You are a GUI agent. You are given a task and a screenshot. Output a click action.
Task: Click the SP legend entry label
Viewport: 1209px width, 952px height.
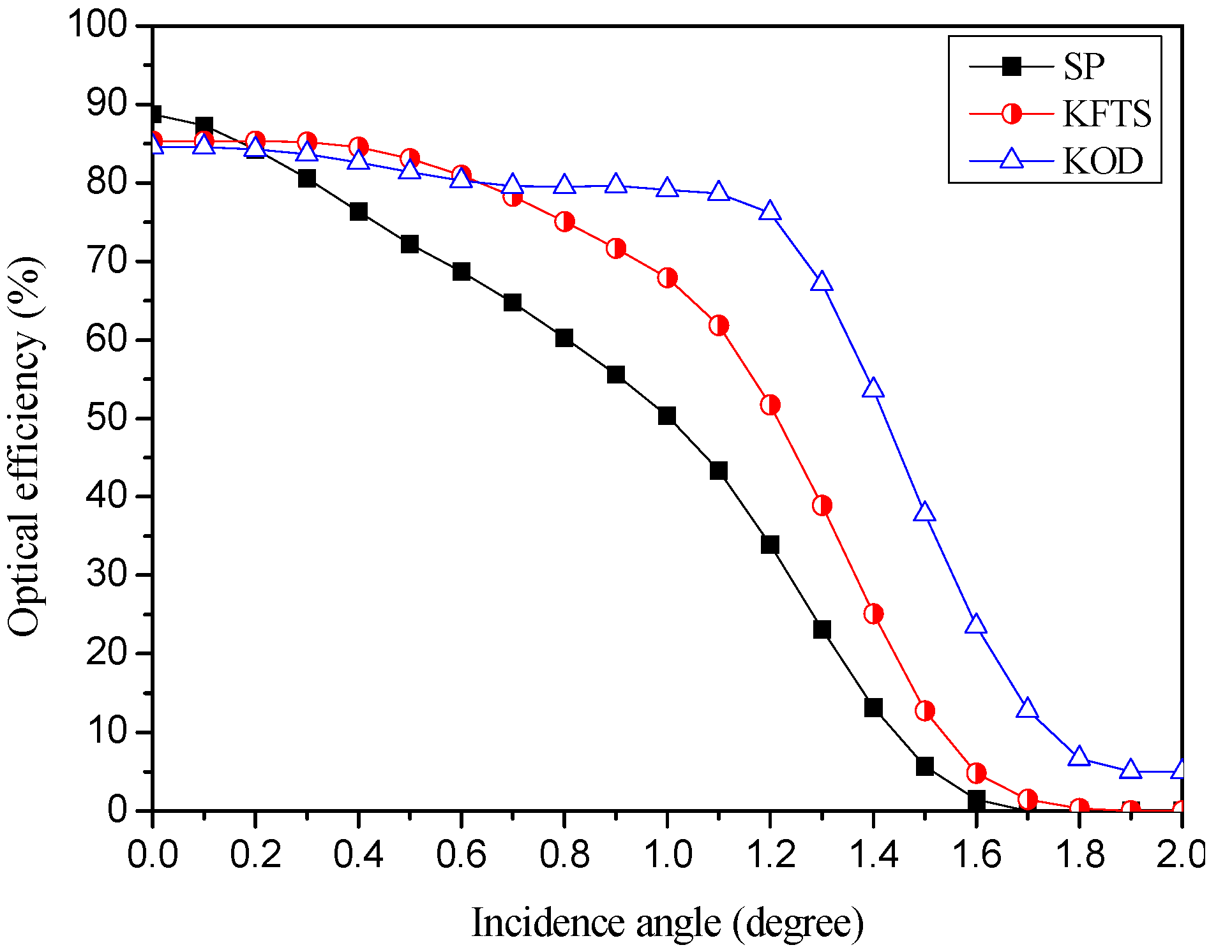tap(1083, 66)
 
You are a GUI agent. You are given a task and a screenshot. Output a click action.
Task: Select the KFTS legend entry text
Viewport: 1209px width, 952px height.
tap(1106, 114)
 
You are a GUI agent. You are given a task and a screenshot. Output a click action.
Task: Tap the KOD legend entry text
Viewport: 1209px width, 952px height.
tap(1102, 161)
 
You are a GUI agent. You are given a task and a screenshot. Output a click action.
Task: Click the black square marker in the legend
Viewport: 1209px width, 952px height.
tap(1011, 66)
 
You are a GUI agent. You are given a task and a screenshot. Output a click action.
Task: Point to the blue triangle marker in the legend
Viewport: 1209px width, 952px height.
tap(1011, 158)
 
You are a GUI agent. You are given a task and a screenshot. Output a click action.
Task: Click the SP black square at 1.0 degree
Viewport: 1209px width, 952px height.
tap(667, 416)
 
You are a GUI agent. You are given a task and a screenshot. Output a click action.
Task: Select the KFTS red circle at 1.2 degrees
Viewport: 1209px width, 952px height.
tap(770, 405)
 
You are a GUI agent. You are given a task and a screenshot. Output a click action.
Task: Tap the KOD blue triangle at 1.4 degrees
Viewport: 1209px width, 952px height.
tap(873, 389)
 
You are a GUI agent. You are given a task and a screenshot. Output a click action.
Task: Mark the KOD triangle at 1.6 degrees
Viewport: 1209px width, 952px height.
tap(976, 624)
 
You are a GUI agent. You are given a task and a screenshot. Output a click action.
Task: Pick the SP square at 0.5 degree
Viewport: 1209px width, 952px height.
tap(410, 244)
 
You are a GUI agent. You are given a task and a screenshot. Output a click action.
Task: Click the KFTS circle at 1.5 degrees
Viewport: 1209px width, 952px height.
tap(925, 711)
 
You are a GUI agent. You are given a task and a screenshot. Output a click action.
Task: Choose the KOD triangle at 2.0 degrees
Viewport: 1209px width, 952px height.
tap(1182, 769)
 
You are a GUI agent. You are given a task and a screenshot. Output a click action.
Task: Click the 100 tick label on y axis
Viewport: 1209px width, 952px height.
tap(98, 26)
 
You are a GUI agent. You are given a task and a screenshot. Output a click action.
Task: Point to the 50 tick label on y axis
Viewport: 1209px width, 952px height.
tap(107, 418)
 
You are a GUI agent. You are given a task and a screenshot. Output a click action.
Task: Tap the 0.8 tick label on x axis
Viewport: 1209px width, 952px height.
tap(564, 854)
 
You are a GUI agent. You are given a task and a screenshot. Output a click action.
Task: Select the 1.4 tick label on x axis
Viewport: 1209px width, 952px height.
tap(873, 854)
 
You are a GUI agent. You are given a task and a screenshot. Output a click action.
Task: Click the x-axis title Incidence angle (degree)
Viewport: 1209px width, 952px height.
tap(667, 923)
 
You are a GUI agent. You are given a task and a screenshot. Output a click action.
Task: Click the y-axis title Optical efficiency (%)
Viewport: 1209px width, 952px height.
tap(26, 447)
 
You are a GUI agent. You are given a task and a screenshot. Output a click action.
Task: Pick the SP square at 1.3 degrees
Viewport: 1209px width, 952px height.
tap(822, 630)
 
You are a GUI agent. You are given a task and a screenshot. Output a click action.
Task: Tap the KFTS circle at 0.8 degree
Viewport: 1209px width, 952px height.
tap(564, 222)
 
